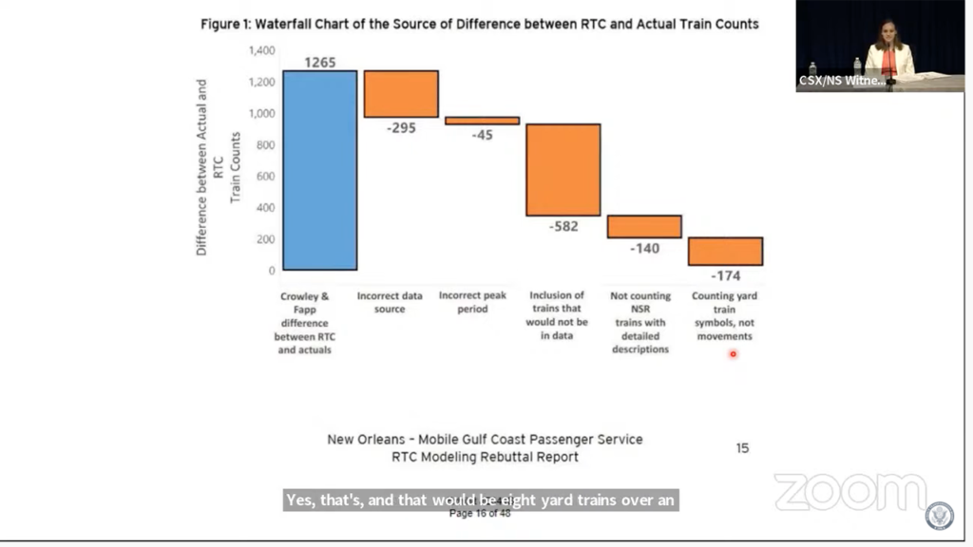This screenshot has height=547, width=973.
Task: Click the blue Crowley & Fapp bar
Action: [319, 170]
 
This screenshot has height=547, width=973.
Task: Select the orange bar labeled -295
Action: [401, 94]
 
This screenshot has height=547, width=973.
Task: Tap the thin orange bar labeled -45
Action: [483, 121]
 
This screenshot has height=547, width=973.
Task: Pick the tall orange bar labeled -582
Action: [563, 170]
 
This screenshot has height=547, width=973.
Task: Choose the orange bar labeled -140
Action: [644, 226]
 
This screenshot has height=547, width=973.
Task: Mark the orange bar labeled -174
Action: [726, 252]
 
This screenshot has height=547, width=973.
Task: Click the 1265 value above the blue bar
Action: [320, 63]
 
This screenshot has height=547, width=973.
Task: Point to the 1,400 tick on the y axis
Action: [261, 50]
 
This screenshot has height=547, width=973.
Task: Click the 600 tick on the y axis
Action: [265, 177]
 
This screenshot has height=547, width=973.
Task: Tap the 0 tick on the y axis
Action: [271, 271]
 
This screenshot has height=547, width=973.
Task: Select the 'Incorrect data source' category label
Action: [390, 303]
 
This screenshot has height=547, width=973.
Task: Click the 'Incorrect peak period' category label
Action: [472, 303]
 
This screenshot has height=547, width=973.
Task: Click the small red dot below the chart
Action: [733, 354]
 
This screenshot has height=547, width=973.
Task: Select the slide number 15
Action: [742, 447]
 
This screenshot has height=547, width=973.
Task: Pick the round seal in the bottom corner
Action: [940, 516]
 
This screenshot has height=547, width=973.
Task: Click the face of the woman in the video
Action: [888, 33]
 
